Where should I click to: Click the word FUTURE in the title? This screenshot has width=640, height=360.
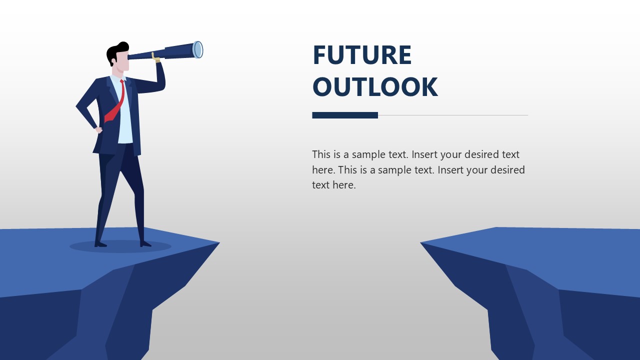(361, 55)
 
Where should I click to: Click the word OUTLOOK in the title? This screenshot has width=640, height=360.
(374, 87)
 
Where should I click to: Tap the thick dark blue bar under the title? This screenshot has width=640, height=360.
(344, 115)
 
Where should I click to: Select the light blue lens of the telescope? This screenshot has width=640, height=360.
(198, 49)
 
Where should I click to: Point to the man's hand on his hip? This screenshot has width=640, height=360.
(98, 130)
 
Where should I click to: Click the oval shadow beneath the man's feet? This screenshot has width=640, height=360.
(120, 246)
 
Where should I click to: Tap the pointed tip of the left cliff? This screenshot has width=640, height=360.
(218, 243)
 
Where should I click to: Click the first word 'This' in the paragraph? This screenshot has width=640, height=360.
(321, 154)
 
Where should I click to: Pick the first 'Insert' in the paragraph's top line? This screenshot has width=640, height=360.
(426, 154)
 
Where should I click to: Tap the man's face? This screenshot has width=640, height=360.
(123, 62)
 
